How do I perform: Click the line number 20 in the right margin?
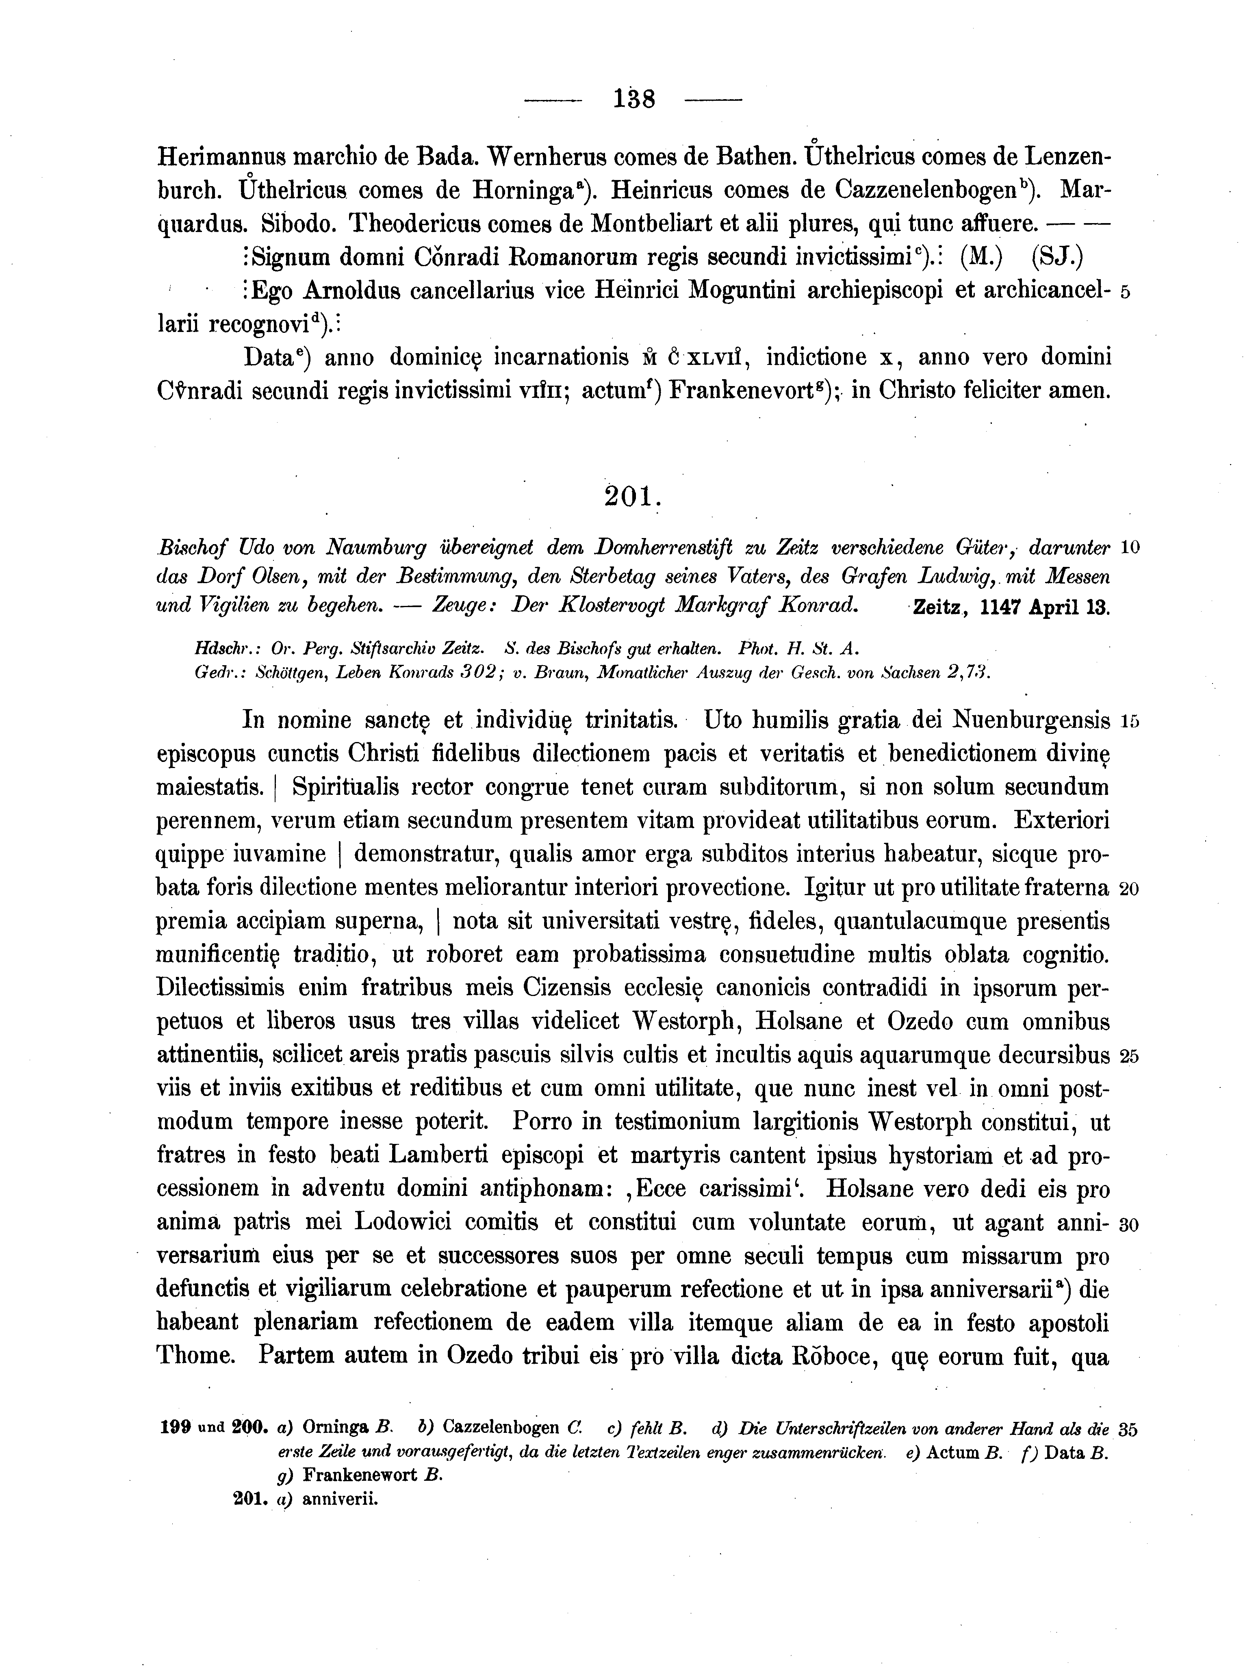click(x=1129, y=890)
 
